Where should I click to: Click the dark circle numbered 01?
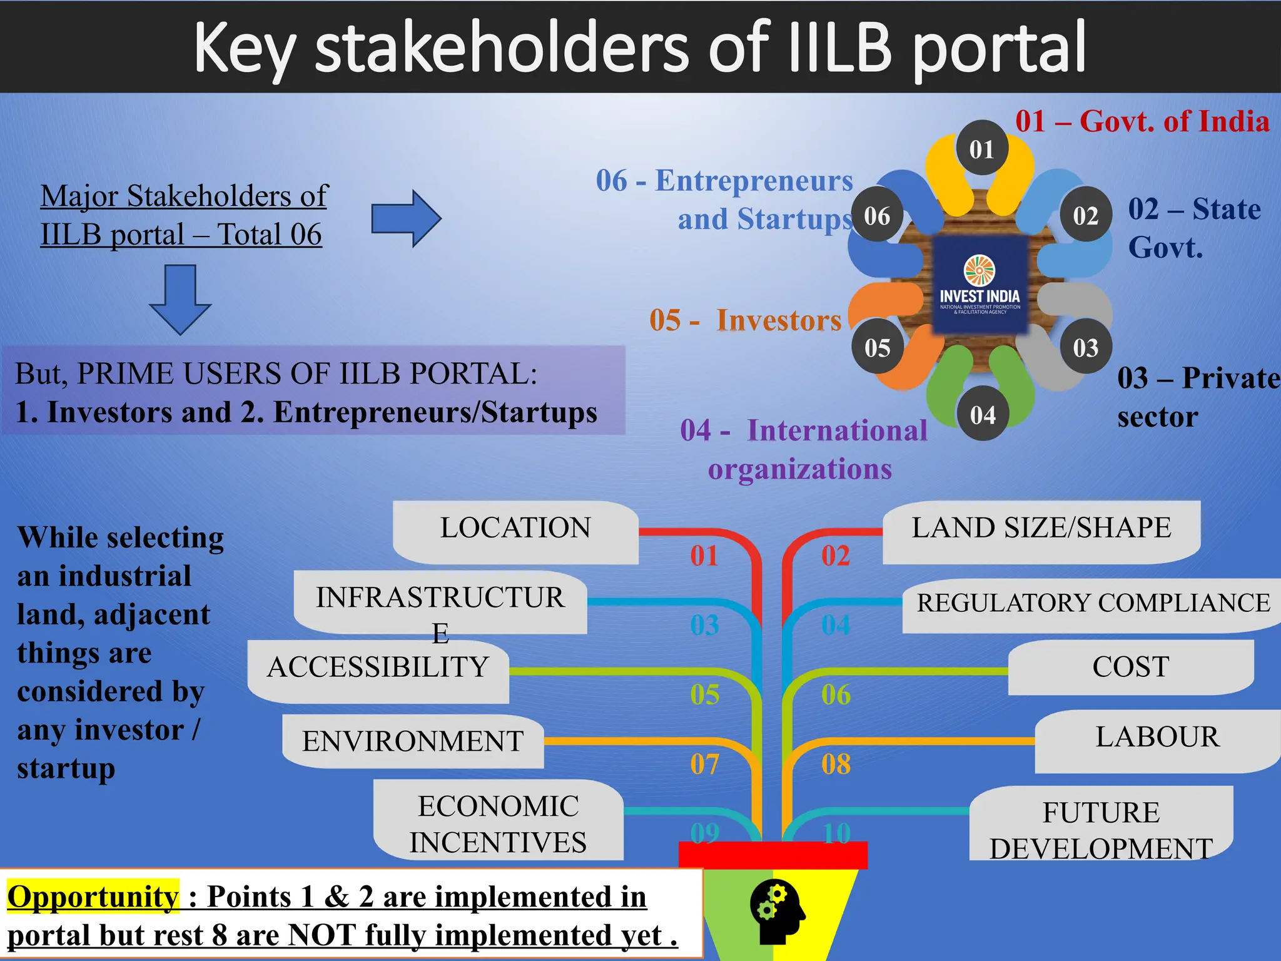(981, 148)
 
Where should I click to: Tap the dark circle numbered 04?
(982, 414)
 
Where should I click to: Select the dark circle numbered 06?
(877, 216)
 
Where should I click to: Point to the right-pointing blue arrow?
(406, 218)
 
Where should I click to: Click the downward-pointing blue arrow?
(180, 299)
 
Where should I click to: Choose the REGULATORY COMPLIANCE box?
(1093, 604)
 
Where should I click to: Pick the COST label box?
(1130, 667)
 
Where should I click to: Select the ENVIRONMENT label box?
(413, 741)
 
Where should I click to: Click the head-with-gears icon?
(777, 912)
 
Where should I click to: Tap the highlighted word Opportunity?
(93, 896)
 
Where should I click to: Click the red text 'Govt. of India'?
(1174, 121)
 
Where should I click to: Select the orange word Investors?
(779, 320)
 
